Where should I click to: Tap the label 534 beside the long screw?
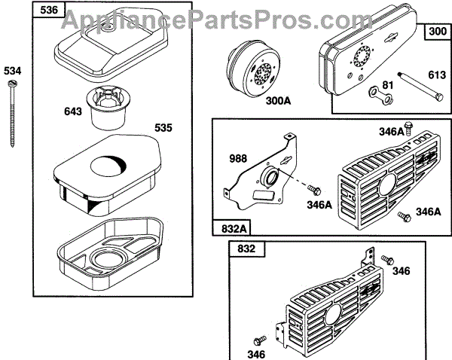13,71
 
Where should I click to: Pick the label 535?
164,128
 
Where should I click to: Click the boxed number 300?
437,32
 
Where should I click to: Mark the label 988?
238,159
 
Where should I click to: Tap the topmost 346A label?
392,133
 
